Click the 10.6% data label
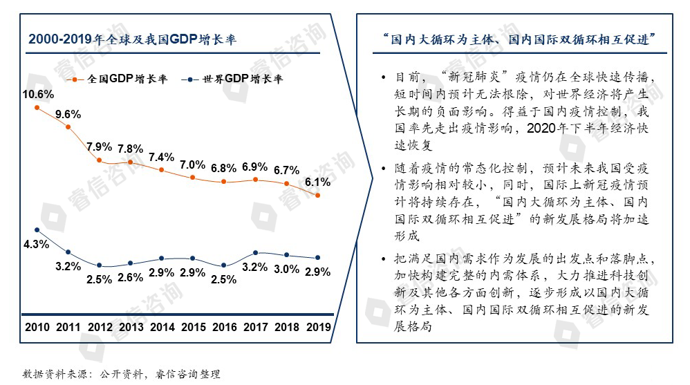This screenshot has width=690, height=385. click(37, 95)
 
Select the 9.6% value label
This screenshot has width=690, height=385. click(68, 114)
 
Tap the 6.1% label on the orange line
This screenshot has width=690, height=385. click(317, 182)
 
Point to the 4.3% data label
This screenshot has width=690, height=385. click(36, 244)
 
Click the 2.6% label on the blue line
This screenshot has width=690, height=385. click(130, 278)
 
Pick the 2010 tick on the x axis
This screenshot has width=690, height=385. click(37, 327)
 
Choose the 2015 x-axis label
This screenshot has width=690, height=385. click(192, 327)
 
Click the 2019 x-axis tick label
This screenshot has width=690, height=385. click(317, 327)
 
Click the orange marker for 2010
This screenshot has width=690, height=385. click(37, 109)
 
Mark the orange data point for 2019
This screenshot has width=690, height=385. click(317, 196)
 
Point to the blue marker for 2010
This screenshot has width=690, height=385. click(37, 230)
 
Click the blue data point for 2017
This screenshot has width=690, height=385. click(255, 253)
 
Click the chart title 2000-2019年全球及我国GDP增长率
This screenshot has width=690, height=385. click(133, 40)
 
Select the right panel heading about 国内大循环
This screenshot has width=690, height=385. click(514, 40)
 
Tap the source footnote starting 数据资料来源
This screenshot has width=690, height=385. click(122, 374)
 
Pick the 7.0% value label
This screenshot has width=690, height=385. click(193, 165)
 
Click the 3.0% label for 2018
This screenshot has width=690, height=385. click(286, 269)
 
